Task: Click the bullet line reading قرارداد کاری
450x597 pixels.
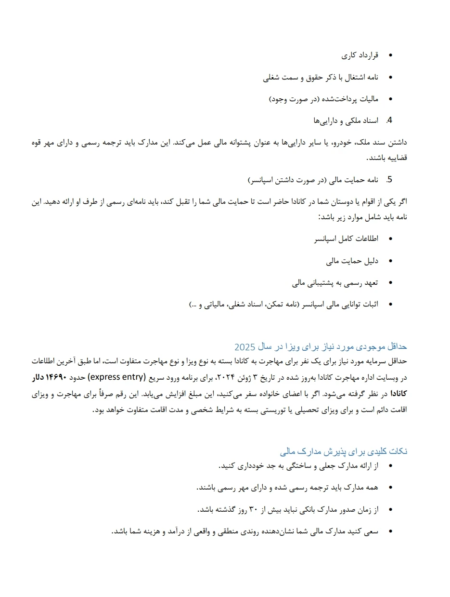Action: coord(360,55)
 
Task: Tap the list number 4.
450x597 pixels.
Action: coord(390,120)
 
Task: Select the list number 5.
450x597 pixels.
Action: coord(390,180)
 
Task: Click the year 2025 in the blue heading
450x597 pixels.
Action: coord(244,347)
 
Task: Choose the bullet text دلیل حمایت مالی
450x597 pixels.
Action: coord(352,261)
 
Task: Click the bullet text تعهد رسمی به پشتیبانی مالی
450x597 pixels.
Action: coord(335,283)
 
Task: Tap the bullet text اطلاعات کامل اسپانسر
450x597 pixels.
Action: coord(346,239)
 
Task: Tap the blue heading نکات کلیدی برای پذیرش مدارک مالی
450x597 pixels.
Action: coord(344,451)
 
